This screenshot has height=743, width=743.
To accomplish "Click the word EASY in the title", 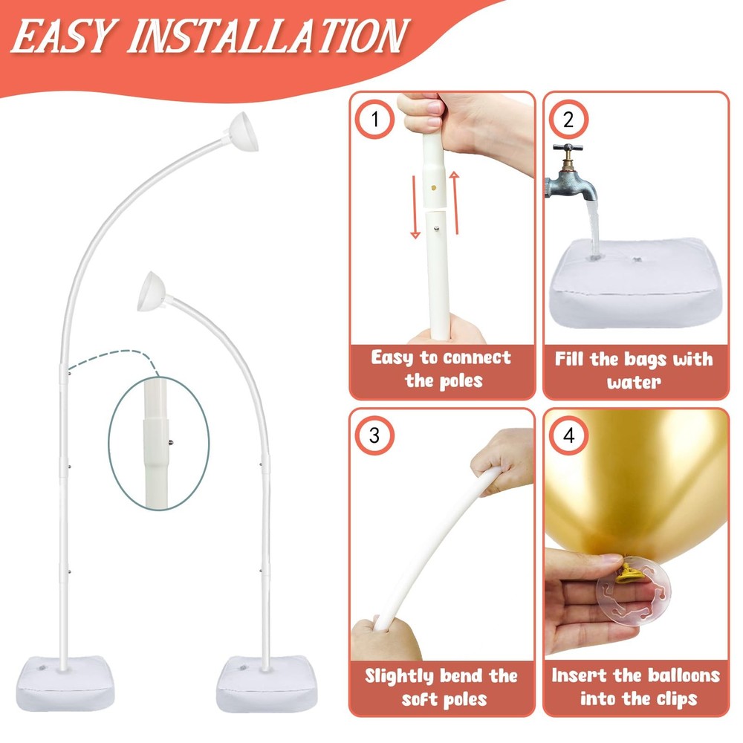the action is click(65, 36).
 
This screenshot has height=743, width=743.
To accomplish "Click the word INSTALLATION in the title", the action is click(267, 36).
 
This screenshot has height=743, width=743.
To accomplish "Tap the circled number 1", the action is click(374, 120).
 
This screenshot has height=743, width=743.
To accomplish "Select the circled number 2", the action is click(568, 120).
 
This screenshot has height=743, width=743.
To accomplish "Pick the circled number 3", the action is click(374, 435).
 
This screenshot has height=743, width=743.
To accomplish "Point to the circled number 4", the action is click(568, 435).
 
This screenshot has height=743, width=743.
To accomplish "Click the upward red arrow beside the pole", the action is click(455, 202).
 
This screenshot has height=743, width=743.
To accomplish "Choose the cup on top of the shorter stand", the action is click(152, 292).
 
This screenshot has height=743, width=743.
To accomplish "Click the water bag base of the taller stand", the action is click(65, 683).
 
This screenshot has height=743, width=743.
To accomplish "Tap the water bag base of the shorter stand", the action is click(264, 684).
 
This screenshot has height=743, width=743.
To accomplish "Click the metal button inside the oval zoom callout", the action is click(171, 443).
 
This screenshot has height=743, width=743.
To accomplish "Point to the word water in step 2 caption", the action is click(634, 383).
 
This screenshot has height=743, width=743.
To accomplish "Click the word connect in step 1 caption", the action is click(477, 357).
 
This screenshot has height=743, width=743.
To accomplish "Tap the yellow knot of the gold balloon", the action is click(632, 570).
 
